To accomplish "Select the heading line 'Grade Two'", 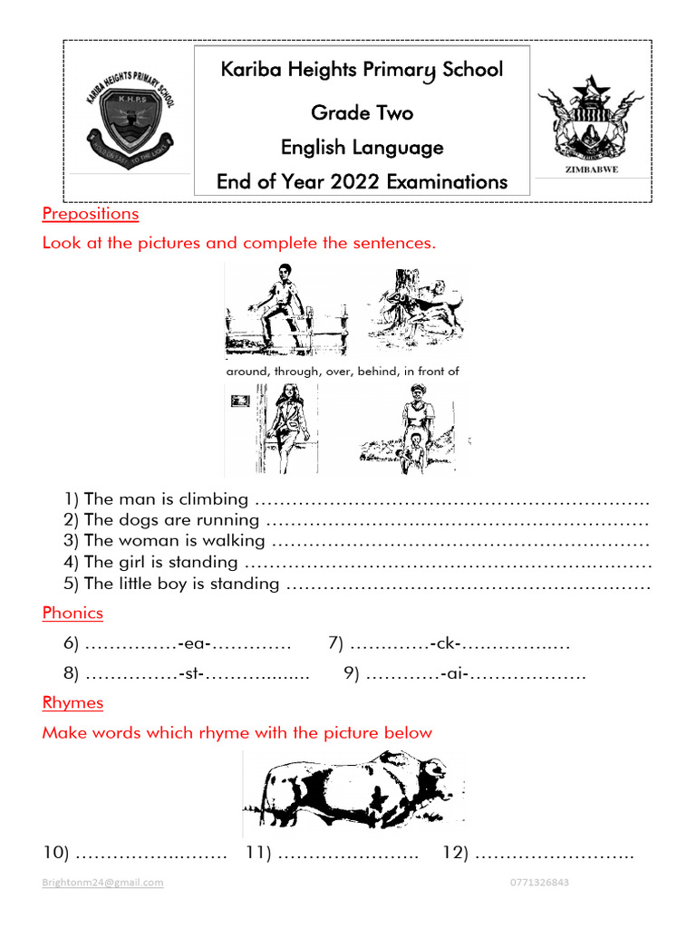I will click(362, 112).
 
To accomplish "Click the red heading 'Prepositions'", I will click(91, 214).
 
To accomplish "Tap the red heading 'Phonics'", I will click(72, 613).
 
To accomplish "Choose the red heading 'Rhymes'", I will click(72, 702).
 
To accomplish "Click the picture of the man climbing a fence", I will click(285, 309).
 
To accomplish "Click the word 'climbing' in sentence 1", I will click(214, 498).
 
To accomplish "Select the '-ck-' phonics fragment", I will click(447, 643).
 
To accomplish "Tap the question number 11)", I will click(259, 853).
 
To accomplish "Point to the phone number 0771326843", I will click(540, 882).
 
